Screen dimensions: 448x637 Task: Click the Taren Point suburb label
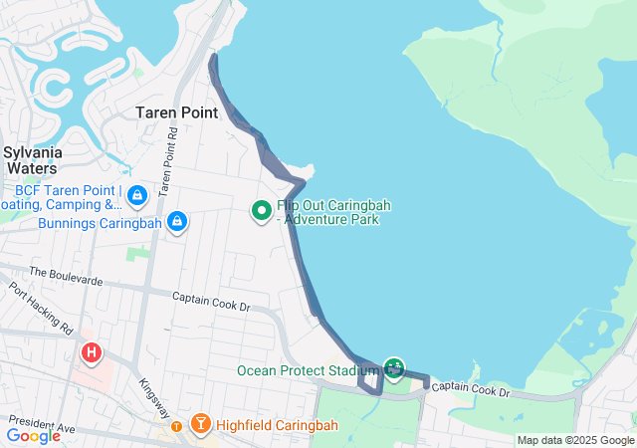[x=176, y=112]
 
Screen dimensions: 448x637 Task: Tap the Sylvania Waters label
[x=34, y=160]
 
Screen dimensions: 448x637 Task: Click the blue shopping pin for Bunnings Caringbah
[x=176, y=220]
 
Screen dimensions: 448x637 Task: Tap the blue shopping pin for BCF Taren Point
[x=136, y=194]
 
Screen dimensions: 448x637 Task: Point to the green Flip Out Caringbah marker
[x=261, y=210]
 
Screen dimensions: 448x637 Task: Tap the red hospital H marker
[x=92, y=352]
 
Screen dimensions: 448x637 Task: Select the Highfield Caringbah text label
[x=276, y=426]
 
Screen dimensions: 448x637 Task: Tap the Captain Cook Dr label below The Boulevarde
[x=210, y=300]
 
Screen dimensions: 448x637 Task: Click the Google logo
[x=34, y=435]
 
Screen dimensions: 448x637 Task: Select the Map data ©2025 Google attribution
[x=575, y=440]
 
